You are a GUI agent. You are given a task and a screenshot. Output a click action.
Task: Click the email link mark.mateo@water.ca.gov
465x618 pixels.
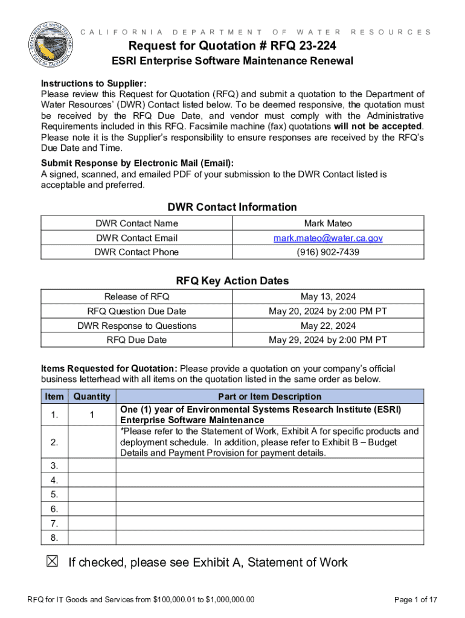click(x=328, y=238)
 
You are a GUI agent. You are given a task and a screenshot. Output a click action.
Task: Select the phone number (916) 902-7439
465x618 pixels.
click(x=328, y=252)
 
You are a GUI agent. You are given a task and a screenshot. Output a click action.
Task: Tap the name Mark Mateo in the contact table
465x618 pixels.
click(x=328, y=223)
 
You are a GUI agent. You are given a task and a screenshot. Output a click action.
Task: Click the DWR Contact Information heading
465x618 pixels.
click(x=232, y=207)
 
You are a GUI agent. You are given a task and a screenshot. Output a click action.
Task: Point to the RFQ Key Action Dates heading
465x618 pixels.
click(x=232, y=281)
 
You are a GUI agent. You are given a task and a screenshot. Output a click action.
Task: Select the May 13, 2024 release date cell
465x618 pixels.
click(x=328, y=296)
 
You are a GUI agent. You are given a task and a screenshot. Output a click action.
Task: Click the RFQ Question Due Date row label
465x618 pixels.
click(x=136, y=311)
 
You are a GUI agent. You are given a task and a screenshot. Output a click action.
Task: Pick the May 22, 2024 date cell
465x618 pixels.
click(x=328, y=325)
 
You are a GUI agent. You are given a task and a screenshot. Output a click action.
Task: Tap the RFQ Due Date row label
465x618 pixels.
click(x=136, y=340)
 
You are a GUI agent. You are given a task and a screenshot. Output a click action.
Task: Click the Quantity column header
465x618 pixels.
click(x=91, y=397)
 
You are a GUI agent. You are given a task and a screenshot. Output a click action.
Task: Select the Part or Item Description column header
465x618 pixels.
click(x=269, y=397)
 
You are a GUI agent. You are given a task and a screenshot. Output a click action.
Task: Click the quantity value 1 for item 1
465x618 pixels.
click(x=91, y=415)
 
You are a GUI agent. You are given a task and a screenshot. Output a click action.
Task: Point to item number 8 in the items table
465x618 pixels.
click(x=54, y=538)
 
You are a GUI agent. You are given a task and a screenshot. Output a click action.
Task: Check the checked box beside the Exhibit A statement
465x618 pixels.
click(x=53, y=562)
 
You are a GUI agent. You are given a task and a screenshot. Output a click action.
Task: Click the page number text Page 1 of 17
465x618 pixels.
click(x=415, y=599)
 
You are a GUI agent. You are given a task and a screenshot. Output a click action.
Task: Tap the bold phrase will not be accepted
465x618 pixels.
click(x=379, y=126)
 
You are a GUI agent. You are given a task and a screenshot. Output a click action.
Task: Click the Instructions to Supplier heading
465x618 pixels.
click(x=94, y=83)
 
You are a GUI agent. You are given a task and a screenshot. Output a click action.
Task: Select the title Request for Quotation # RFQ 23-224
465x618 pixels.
click(x=232, y=46)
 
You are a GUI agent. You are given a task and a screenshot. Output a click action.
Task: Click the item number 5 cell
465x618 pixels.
click(x=54, y=494)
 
